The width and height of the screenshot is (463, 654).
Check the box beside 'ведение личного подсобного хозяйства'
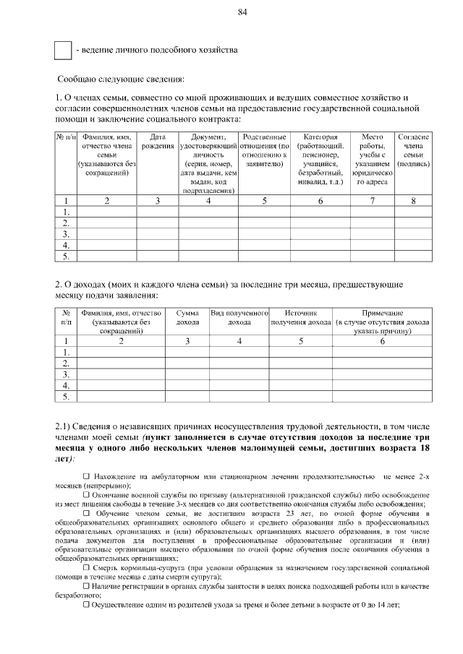pyautogui.click(x=64, y=51)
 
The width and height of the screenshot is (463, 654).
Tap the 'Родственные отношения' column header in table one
pyautogui.click(x=264, y=150)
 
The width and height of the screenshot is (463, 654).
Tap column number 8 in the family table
pyautogui.click(x=413, y=200)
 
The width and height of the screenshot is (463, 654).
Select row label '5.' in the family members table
pyautogui.click(x=67, y=256)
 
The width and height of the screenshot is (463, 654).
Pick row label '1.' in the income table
pyautogui.click(x=67, y=351)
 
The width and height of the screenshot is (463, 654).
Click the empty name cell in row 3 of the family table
pyautogui.click(x=107, y=234)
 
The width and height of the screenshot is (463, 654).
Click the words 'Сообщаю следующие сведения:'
pyautogui.click(x=121, y=78)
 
